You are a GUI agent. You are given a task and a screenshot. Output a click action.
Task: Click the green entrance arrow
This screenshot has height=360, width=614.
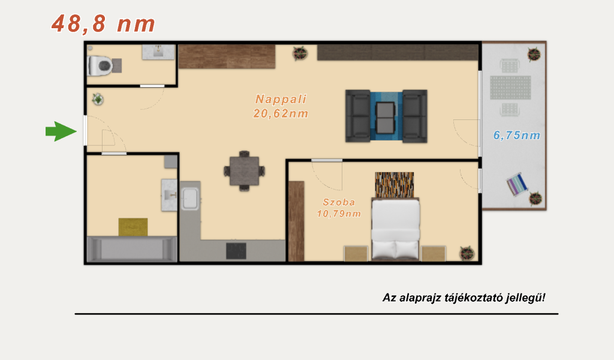point(61,131)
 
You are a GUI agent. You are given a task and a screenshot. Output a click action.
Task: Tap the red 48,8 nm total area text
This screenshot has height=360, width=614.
point(103,23)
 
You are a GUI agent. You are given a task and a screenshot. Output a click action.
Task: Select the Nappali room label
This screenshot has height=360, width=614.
point(281,99)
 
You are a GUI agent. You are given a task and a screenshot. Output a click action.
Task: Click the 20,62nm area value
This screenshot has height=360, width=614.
point(281,113)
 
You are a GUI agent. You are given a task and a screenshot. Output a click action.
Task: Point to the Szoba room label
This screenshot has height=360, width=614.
point(339,202)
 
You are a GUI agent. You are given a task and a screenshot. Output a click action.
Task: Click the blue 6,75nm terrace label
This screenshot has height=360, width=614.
point(517,136)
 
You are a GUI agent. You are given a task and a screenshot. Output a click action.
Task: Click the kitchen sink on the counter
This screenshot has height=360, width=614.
point(190,198)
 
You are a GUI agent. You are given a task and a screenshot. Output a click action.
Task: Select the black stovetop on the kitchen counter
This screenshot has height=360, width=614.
point(236,251)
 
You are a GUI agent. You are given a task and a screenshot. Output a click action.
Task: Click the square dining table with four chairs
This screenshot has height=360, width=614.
point(245,171)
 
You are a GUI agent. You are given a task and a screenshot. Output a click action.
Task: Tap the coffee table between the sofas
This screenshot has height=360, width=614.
point(386,118)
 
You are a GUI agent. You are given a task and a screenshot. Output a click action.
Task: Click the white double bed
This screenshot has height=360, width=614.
point(396,229)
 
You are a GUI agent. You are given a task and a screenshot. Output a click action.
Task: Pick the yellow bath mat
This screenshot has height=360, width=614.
point(133,227)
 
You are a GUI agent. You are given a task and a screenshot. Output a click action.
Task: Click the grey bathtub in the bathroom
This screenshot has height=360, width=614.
point(132,249)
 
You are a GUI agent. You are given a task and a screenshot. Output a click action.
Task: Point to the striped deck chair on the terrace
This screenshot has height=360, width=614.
point(517,184)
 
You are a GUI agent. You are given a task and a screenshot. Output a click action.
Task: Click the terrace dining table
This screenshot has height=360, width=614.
point(510,88)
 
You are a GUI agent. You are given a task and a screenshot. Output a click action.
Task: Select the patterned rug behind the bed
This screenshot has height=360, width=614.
point(395,185)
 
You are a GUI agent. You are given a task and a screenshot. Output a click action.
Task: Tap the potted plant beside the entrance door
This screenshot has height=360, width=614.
point(98,100)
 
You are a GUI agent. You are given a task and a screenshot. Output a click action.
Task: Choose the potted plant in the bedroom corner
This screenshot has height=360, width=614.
point(466,253)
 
